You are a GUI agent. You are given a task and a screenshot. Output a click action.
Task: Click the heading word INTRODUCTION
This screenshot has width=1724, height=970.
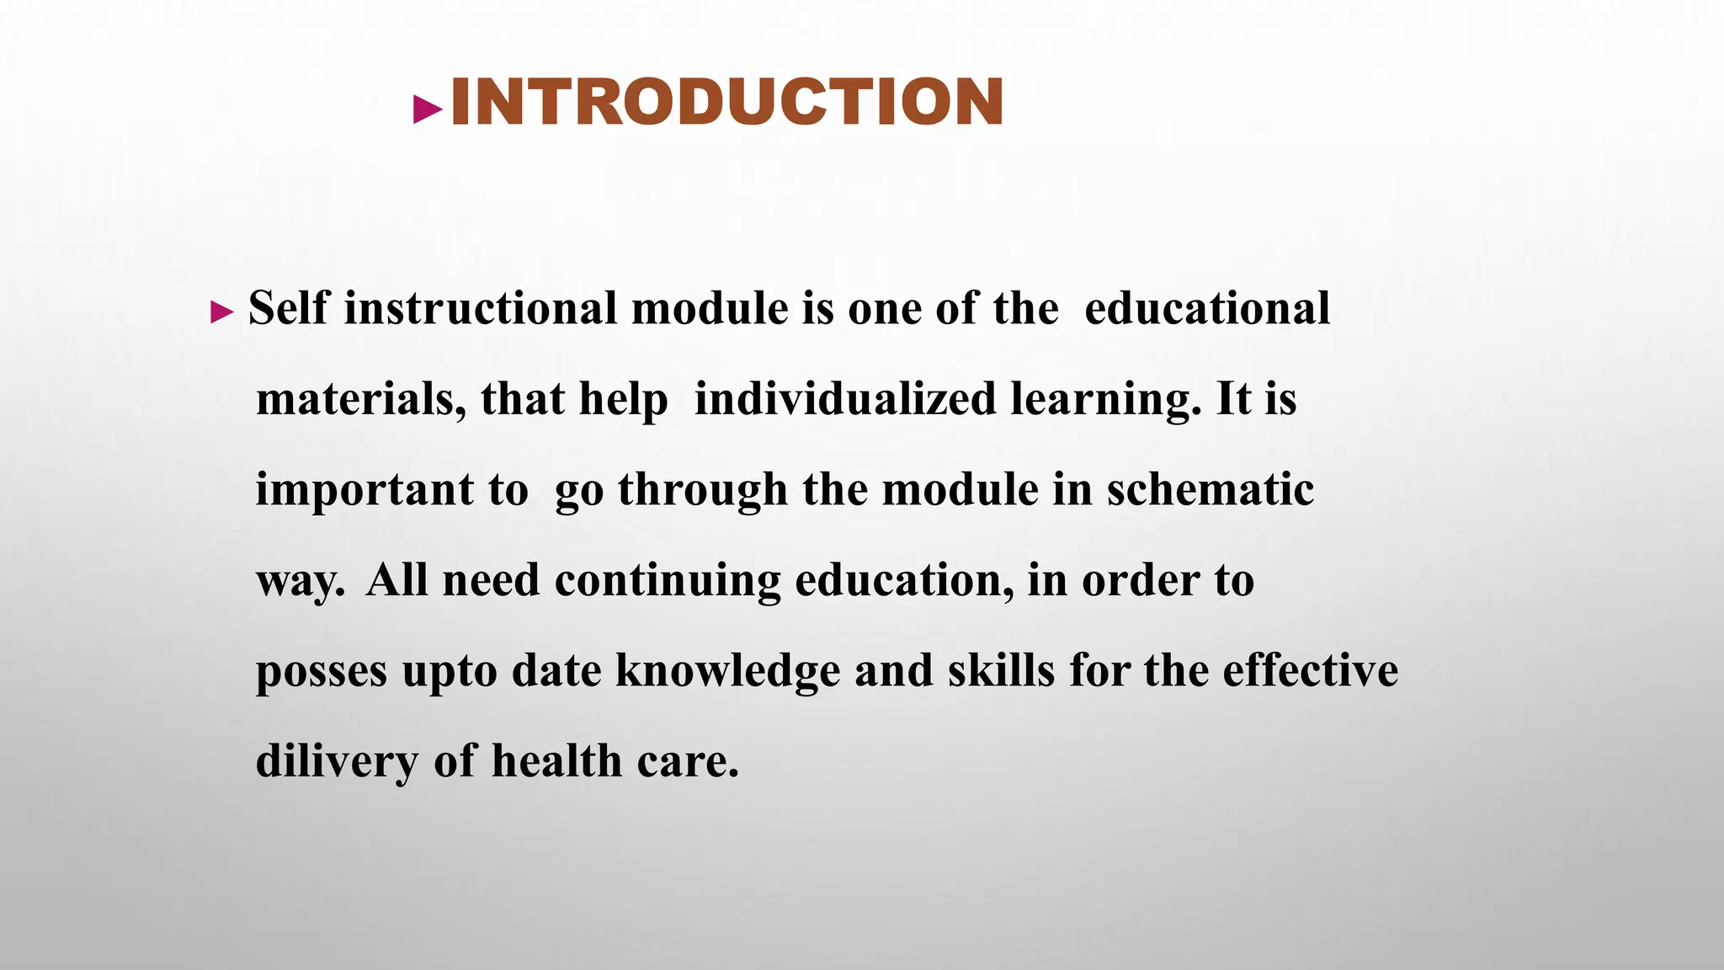point(726,103)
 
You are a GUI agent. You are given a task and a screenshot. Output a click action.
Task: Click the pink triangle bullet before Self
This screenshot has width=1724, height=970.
point(221,313)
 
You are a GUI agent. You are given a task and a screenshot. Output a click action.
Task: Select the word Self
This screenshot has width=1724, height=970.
point(287,307)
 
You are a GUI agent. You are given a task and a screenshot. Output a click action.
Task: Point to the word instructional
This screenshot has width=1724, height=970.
point(481,307)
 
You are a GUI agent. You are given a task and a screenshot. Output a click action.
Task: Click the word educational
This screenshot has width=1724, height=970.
point(1206,307)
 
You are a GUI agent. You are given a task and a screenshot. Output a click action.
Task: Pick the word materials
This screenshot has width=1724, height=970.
point(360,398)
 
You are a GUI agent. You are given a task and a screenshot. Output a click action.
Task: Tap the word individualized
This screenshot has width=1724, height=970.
point(845,398)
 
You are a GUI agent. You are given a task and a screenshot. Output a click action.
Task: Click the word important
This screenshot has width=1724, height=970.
point(364,490)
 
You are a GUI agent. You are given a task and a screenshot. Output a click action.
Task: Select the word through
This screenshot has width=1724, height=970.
point(703,490)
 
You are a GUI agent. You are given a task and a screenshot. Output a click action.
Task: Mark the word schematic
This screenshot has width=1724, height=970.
point(1210,489)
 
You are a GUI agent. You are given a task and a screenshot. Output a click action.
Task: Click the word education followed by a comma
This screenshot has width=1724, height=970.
point(903,581)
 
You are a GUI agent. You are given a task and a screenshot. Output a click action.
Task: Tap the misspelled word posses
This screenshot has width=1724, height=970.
point(322,672)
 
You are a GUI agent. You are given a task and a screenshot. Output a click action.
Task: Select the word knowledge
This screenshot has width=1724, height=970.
point(727,672)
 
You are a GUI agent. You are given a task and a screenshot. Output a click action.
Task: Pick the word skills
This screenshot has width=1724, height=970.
point(1001,671)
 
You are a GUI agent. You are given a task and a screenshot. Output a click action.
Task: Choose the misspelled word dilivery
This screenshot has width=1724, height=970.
point(337,761)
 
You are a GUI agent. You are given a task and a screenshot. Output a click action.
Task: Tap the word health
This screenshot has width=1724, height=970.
point(556,761)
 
